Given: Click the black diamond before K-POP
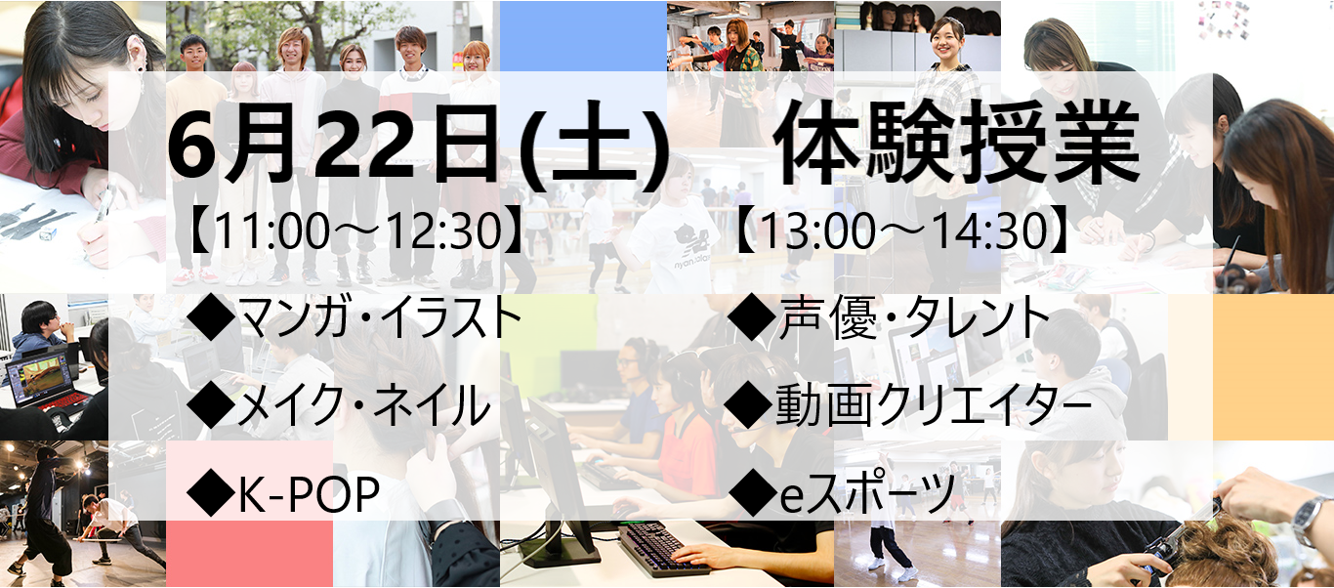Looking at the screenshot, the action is click(211, 495).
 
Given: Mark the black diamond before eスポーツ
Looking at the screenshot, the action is click(752, 494).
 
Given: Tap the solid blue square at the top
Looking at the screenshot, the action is click(583, 36).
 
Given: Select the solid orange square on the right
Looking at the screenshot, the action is click(1273, 367).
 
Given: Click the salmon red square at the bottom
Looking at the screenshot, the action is click(250, 554).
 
